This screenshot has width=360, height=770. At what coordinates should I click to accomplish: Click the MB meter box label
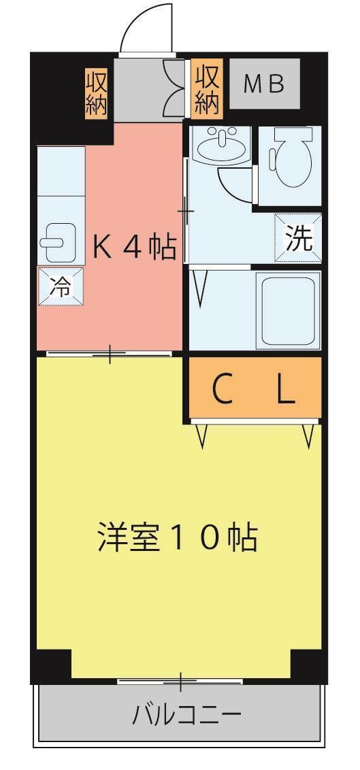(264, 84)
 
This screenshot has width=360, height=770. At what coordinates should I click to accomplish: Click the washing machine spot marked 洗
(298, 238)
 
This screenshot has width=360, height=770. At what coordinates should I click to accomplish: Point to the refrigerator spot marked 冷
(60, 286)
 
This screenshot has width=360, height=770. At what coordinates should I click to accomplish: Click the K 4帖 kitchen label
(135, 248)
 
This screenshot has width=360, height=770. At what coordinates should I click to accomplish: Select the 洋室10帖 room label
(176, 537)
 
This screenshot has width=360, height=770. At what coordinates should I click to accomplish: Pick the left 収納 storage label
(97, 93)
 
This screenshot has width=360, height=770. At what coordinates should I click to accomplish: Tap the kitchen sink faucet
(52, 242)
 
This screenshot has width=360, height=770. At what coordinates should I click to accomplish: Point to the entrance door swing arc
(146, 27)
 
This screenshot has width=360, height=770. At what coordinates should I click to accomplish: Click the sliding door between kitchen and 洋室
(109, 354)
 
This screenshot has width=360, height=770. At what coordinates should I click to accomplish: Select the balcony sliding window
(180, 680)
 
